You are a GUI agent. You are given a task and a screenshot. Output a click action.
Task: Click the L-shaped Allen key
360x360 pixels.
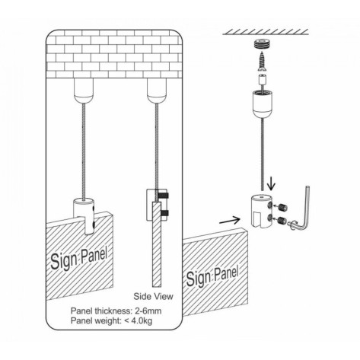point(302,208)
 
